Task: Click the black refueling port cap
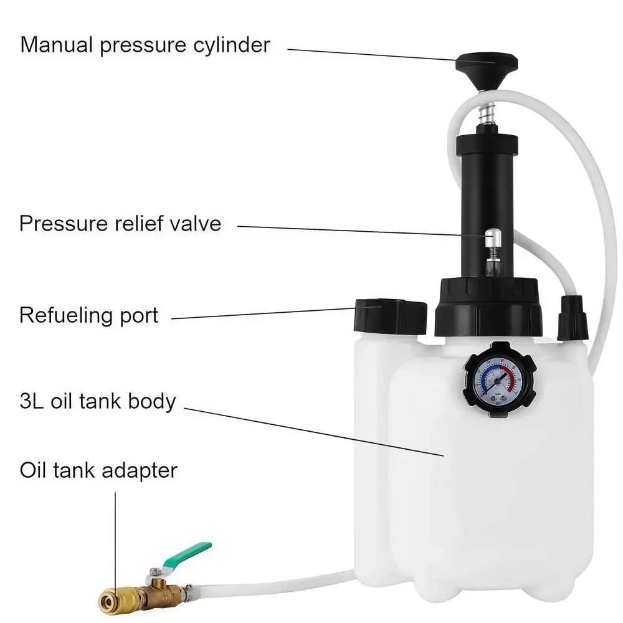(x=390, y=315)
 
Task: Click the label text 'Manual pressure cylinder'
(x=145, y=45)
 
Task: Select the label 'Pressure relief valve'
(x=120, y=223)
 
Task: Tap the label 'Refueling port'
(x=89, y=315)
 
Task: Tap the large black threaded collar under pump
(x=487, y=308)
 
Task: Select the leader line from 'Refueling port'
(x=262, y=313)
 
